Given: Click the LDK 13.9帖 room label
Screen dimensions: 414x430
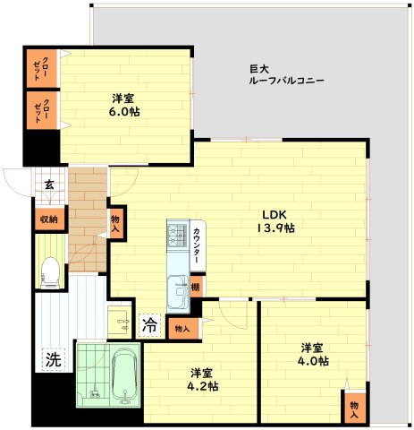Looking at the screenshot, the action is coord(275,221).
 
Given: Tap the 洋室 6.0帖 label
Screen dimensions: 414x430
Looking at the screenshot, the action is coord(123,105).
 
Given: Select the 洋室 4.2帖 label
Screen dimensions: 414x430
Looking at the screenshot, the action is coord(202,380).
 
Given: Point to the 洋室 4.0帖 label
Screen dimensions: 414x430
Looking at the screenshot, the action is coord(313,355).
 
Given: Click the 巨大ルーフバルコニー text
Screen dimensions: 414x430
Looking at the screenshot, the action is coord(286,75).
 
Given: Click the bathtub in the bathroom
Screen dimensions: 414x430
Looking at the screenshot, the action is coord(125,376).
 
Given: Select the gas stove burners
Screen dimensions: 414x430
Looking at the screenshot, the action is coord(178,235).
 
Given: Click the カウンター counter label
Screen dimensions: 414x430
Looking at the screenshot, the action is coord(197,245).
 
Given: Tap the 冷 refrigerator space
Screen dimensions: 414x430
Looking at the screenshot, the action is coord(149,325).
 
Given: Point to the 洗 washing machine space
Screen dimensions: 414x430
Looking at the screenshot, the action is coord(54,360).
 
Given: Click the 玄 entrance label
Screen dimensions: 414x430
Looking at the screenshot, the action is coord(49,185).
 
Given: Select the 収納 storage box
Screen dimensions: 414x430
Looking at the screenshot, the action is coord(49,219).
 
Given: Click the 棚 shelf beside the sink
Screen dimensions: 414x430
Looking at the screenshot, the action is coord(196,287).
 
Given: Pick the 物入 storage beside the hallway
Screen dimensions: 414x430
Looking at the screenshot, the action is coord(115,223).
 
